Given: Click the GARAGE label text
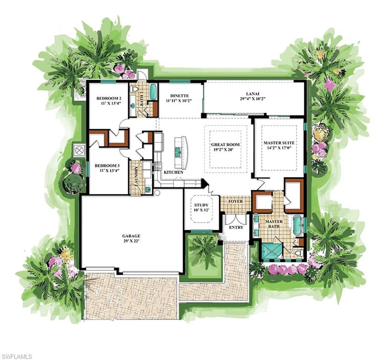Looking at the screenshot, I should tap(132, 236).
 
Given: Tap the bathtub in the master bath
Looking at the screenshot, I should tap(298, 225).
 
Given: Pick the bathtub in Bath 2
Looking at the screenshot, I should tap(153, 91).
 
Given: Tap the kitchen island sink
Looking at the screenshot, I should tap(179, 152).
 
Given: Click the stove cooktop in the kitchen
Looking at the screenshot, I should tap(158, 166).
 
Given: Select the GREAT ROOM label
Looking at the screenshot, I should tap(225, 145).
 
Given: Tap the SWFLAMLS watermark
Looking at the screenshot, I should tap(16, 356).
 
